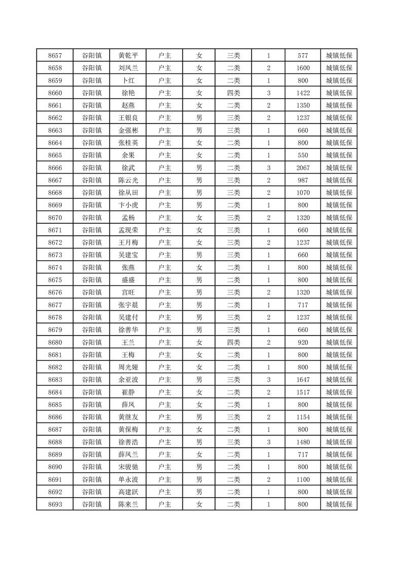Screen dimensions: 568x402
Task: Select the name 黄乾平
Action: click(x=128, y=56)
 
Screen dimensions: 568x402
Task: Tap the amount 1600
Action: click(x=303, y=68)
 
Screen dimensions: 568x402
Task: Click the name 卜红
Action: click(x=128, y=80)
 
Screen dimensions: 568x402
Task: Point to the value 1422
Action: click(x=303, y=93)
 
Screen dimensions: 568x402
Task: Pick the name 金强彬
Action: click(x=128, y=130)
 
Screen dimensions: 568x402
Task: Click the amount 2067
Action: click(x=303, y=168)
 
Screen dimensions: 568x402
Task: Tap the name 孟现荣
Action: click(x=128, y=230)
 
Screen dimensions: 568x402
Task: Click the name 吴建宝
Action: click(x=128, y=255)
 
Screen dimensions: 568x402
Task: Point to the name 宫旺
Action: click(x=128, y=293)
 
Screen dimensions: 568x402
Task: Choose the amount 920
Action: click(x=303, y=342)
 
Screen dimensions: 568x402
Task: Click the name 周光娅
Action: click(x=128, y=367)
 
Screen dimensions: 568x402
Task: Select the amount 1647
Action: click(x=303, y=380)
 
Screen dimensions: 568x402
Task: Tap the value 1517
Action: click(x=303, y=392)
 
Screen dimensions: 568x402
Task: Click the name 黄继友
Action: click(x=128, y=417)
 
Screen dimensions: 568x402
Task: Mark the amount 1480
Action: click(x=303, y=442)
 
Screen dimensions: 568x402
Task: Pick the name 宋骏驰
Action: click(x=128, y=467)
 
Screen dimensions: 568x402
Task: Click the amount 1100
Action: click(x=303, y=479)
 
